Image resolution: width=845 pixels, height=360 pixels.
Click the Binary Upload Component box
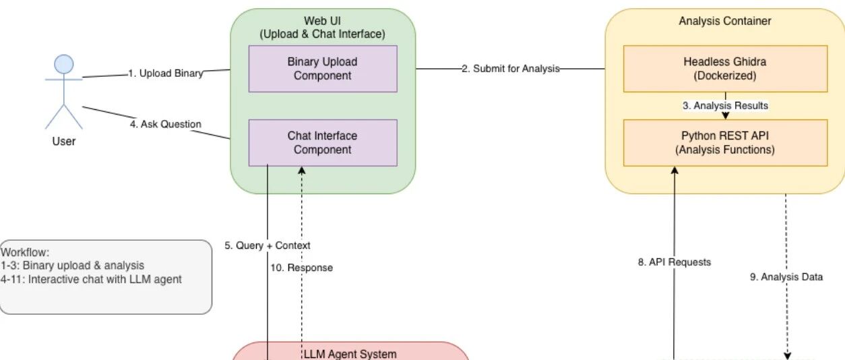point(323,69)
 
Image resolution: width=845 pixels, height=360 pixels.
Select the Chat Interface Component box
point(323,143)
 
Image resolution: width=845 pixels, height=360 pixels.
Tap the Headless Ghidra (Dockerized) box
point(726,69)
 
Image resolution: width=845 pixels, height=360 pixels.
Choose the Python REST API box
point(726,143)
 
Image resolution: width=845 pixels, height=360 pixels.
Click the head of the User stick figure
point(64,64)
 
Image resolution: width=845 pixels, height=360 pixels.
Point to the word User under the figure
point(64,142)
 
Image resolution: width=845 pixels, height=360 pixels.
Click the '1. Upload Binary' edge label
point(166,73)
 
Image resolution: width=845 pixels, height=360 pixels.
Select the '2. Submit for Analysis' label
point(511,69)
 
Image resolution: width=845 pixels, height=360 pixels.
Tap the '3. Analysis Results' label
point(726,106)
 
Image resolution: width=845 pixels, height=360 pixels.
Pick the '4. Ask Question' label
point(166,124)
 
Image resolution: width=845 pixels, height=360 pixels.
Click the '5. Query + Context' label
point(268,245)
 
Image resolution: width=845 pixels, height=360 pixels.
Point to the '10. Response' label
point(302,268)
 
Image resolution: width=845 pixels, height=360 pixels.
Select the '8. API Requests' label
point(675,262)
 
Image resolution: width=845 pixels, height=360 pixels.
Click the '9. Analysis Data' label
point(786,277)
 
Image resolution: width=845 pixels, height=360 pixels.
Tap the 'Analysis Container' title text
point(725,21)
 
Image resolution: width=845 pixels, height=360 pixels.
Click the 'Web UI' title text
point(323,21)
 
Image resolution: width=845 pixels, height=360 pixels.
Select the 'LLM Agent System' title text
point(350,354)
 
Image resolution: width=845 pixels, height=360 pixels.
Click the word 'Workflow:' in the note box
point(25,252)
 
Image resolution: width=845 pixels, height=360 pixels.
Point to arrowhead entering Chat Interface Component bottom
point(302,171)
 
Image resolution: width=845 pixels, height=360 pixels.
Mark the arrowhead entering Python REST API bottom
point(675,171)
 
